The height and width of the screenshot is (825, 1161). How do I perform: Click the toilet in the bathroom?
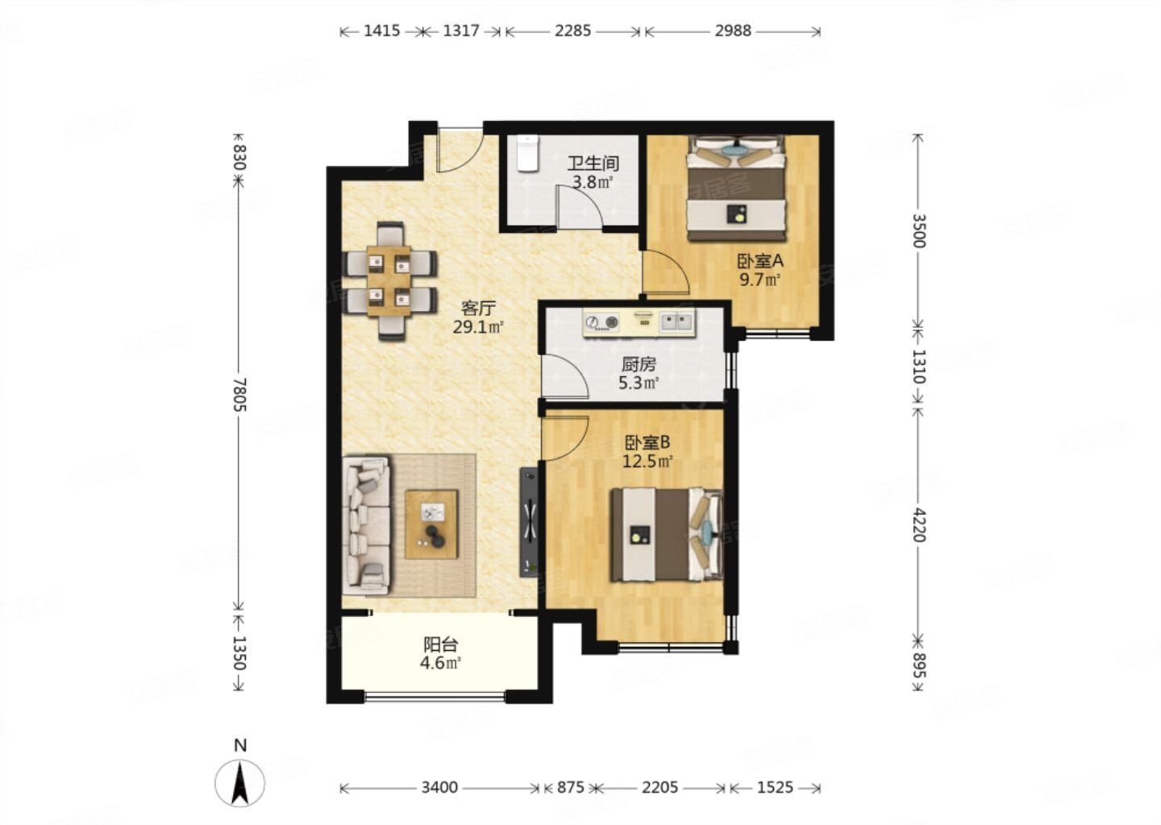click(x=528, y=153)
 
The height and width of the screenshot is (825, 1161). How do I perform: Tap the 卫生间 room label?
click(x=593, y=164)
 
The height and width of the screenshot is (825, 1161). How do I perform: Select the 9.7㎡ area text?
click(x=759, y=280)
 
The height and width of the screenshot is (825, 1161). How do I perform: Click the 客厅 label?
click(x=478, y=309)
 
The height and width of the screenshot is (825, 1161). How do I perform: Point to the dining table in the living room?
click(x=389, y=281)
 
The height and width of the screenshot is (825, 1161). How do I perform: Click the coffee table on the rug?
click(x=432, y=524)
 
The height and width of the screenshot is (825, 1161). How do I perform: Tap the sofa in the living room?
click(x=366, y=525)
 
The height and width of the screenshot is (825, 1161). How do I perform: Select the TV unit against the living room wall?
click(x=529, y=522)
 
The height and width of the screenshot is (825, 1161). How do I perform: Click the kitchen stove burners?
click(x=601, y=322)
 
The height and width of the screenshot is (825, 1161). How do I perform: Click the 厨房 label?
click(x=639, y=365)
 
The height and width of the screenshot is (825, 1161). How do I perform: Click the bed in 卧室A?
click(x=735, y=188)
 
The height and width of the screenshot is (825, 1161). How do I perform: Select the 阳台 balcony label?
click(x=440, y=645)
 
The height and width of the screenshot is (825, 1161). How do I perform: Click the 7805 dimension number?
click(x=239, y=395)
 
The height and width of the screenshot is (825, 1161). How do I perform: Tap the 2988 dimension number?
click(x=733, y=31)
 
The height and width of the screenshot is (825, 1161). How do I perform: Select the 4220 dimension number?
click(x=918, y=524)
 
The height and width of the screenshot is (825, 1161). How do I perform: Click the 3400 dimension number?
click(x=439, y=788)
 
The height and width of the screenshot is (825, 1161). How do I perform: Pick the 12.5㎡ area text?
click(x=647, y=461)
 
